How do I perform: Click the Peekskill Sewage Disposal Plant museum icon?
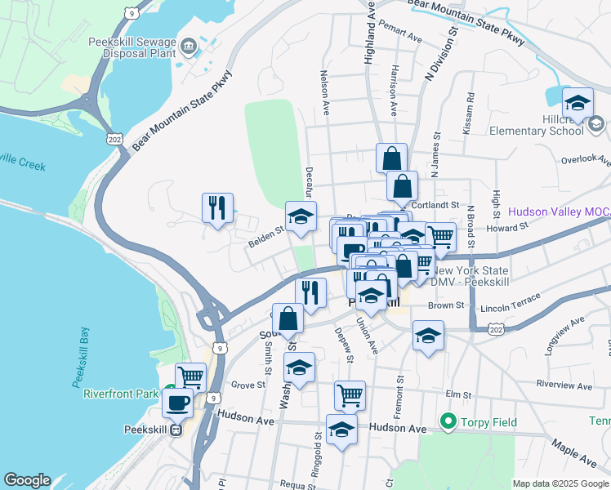[189, 46]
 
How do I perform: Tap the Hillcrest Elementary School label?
[536, 124]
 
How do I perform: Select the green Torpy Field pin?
[448, 422]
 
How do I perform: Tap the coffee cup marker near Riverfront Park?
[179, 403]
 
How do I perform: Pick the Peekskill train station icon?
[175, 431]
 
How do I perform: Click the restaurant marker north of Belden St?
[217, 208]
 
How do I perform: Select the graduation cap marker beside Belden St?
[301, 217]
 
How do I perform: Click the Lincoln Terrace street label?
[511, 309]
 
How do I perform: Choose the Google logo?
[28, 480]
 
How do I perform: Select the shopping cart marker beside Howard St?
[440, 238]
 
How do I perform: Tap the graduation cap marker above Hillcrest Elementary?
[578, 103]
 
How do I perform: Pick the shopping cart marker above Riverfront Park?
[190, 377]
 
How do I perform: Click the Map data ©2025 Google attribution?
[560, 483]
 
